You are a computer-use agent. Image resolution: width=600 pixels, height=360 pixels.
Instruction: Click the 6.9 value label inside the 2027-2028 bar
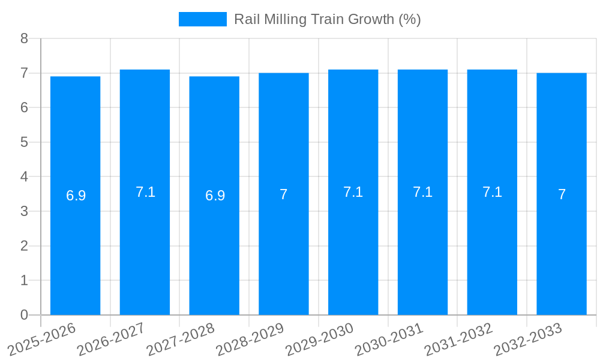click(x=215, y=196)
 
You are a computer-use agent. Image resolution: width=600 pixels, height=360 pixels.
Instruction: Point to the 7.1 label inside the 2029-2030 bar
click(x=353, y=192)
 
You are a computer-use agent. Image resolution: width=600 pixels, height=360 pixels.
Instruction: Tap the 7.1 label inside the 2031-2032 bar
click(x=492, y=192)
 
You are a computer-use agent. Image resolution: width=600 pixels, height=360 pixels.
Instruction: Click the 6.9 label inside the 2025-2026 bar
click(x=76, y=196)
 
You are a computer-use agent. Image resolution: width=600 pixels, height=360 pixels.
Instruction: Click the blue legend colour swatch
click(x=203, y=19)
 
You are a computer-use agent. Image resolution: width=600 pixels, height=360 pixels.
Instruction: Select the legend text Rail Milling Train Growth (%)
click(x=327, y=19)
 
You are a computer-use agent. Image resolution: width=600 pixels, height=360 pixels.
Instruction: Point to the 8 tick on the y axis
click(x=24, y=38)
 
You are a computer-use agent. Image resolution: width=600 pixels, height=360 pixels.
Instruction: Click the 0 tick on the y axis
click(x=24, y=315)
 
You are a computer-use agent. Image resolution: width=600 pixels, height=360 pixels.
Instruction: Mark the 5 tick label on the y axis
click(x=24, y=142)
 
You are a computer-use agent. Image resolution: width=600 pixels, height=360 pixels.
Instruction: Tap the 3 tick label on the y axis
click(x=24, y=211)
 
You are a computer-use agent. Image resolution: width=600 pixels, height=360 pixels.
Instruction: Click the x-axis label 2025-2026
click(x=42, y=339)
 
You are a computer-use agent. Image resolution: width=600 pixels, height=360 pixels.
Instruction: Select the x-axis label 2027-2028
click(x=181, y=339)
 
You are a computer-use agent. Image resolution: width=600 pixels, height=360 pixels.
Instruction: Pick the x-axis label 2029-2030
click(x=320, y=339)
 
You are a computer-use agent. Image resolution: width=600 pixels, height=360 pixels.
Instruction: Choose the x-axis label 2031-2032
click(x=459, y=339)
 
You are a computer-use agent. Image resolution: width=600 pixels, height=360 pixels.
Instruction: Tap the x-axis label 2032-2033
click(x=528, y=339)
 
